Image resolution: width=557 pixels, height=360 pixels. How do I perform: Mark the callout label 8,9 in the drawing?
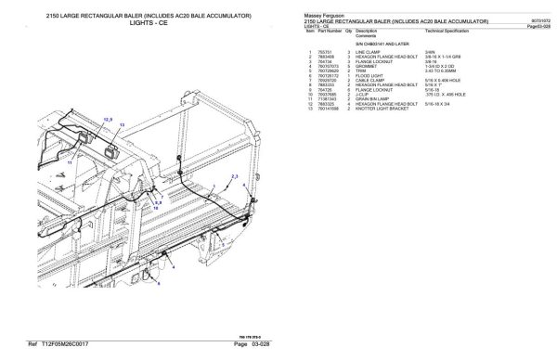click(x=157, y=200)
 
